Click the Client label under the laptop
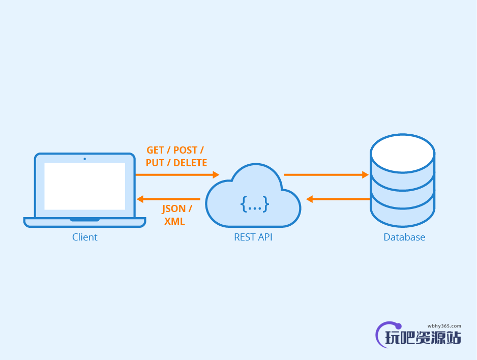click(84, 237)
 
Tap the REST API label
click(253, 237)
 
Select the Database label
click(404, 237)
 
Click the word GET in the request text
click(155, 151)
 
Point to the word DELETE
click(190, 163)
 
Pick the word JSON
click(174, 209)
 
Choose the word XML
click(174, 222)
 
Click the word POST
click(186, 151)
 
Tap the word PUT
click(155, 163)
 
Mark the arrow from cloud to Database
click(325, 174)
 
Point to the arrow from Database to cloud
click(338, 199)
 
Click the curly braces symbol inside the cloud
click(255, 204)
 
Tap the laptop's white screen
click(84, 186)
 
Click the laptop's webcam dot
click(84, 159)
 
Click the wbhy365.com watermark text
click(444, 326)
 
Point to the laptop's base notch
click(84, 220)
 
